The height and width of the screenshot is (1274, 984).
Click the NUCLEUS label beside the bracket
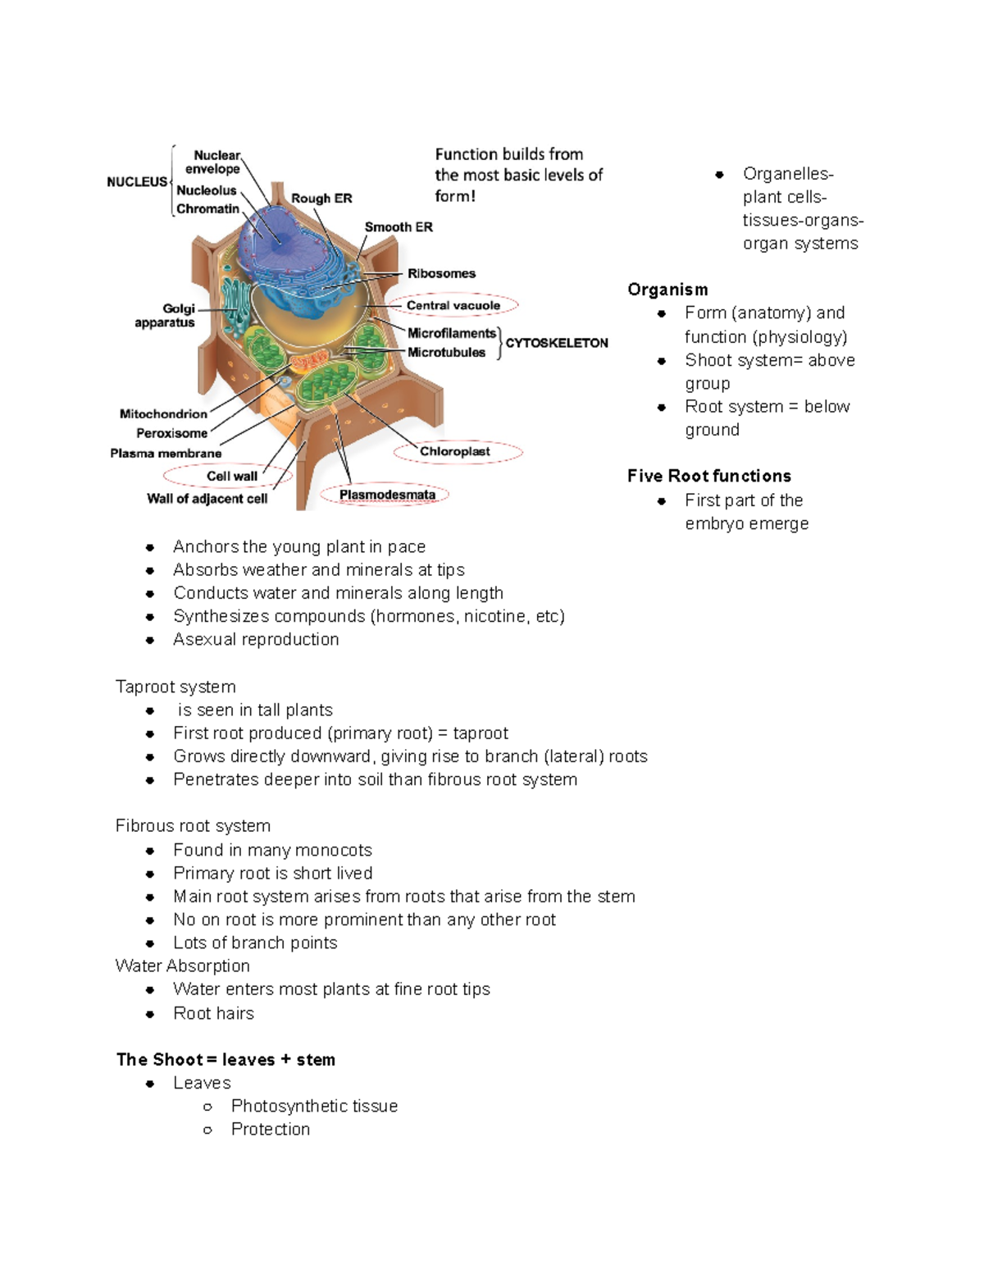click(x=136, y=182)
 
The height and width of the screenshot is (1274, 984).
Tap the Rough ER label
click(x=321, y=199)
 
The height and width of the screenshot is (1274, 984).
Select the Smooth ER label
click(x=399, y=227)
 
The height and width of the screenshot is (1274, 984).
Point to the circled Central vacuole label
click(x=453, y=305)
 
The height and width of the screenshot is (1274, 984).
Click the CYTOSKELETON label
click(x=557, y=343)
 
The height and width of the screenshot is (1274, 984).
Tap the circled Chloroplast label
click(x=455, y=451)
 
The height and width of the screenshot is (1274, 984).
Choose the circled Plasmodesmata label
click(x=387, y=495)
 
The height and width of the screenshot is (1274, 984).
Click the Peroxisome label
click(x=171, y=433)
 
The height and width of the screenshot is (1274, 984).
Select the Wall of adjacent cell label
click(x=207, y=499)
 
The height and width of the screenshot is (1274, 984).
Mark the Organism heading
click(x=667, y=290)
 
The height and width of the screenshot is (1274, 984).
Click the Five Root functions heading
click(x=709, y=476)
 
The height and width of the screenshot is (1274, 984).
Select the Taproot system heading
click(x=175, y=687)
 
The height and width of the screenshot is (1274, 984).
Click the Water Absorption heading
click(x=182, y=966)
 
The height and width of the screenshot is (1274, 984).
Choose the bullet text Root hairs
click(x=213, y=1013)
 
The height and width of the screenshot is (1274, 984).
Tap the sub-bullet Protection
click(x=271, y=1130)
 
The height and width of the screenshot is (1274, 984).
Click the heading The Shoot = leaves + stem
click(x=225, y=1060)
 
